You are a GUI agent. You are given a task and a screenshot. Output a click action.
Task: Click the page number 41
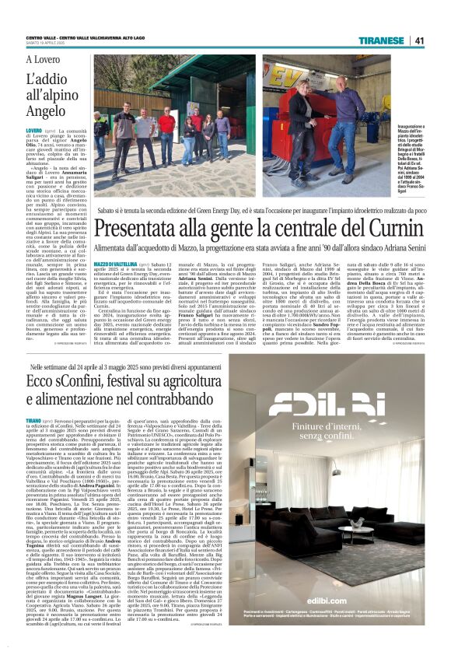coord(418,40)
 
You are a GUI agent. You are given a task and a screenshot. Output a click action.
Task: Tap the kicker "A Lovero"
coord(44,59)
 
